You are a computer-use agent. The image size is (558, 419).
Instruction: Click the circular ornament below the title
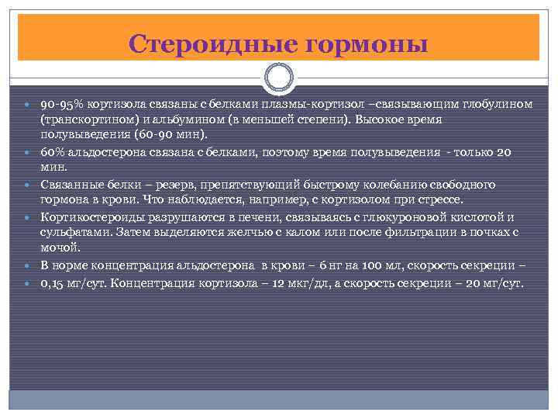[279, 78]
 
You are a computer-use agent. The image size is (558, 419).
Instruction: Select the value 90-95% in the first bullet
[63, 104]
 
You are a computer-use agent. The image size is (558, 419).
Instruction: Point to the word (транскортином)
[86, 120]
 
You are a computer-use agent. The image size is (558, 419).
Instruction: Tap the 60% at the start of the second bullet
[53, 151]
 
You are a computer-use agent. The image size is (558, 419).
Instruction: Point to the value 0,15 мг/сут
[74, 282]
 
